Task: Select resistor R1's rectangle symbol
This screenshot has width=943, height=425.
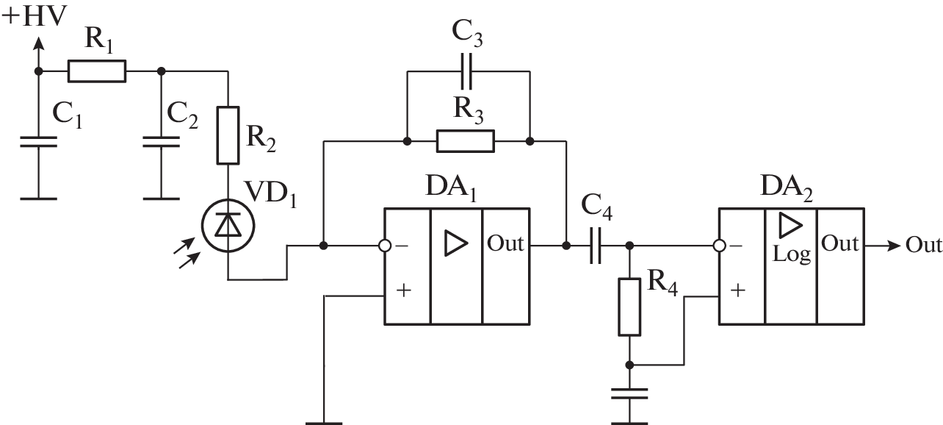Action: [97, 71]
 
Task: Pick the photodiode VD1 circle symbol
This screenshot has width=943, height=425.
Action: [228, 226]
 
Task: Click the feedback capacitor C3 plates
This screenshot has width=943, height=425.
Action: [467, 71]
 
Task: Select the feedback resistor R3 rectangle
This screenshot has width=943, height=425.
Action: [466, 140]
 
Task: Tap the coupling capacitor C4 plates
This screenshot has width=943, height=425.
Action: [596, 246]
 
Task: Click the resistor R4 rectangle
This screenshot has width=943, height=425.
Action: [629, 307]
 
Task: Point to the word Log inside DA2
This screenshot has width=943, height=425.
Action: [792, 254]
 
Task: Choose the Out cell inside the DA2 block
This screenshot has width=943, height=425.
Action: [840, 243]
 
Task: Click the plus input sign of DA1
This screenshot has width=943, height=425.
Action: [403, 290]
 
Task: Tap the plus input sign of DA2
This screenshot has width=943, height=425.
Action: [738, 290]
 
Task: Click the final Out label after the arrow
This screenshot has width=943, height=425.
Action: [923, 245]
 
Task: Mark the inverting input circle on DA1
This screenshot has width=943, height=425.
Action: [384, 246]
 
